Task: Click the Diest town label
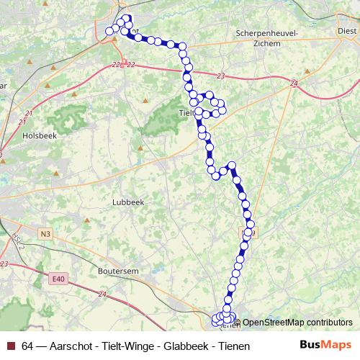point(347,31)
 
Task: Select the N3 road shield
point(45,233)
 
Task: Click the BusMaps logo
point(325,345)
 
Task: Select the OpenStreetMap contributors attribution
point(297,322)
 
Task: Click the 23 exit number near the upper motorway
point(220,76)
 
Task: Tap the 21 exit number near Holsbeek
point(29,114)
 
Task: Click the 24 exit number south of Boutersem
point(102,294)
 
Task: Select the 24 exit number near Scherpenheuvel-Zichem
point(293,84)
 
